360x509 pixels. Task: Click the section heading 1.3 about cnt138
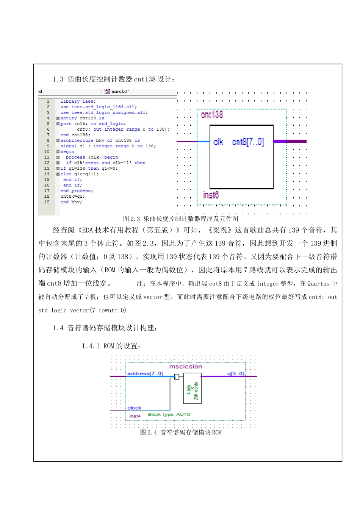pos(114,79)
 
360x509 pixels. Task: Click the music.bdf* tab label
pos(120,92)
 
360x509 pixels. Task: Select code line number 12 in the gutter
pos(47,163)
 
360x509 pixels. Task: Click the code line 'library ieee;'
pos(78,101)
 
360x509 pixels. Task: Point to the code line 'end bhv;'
pos(71,202)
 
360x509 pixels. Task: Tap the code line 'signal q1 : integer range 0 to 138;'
pos(108,146)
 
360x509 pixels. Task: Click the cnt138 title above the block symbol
pos(212,114)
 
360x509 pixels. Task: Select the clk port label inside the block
pos(219,142)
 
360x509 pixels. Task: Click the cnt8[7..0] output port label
pos(248,142)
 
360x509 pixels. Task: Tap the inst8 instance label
pos(211,195)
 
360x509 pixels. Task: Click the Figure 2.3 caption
pos(180,219)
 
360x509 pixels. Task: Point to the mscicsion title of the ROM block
pos(185,367)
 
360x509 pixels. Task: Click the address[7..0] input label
pos(145,374)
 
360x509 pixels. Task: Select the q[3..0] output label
pos(236,374)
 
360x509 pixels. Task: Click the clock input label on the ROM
pos(134,408)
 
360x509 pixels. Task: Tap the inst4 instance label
pos(135,416)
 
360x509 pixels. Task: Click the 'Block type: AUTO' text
pos(169,414)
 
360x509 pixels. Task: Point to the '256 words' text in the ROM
pos(196,391)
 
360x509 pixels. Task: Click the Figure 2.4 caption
pos(181,432)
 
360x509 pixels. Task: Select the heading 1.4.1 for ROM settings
pos(112,346)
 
